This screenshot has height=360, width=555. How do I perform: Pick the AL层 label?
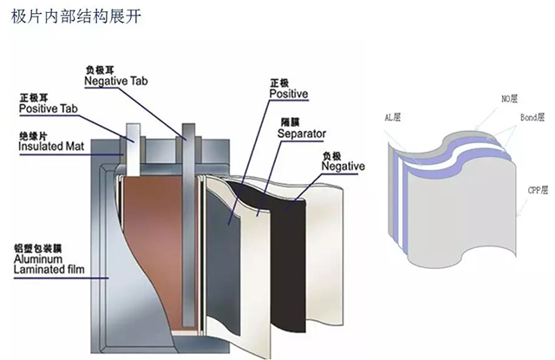393,116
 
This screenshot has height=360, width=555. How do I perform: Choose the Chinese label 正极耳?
33,97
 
